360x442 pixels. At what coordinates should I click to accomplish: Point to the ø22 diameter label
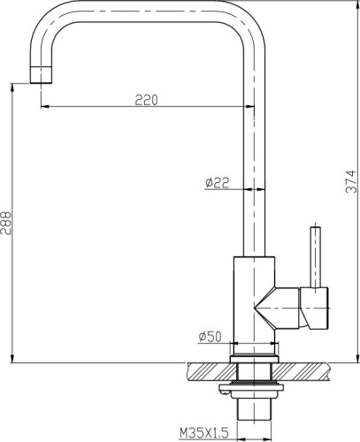pos(217,182)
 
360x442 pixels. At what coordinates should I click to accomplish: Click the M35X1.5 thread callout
pos(204,432)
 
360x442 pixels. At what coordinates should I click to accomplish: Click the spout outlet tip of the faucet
pos(43,74)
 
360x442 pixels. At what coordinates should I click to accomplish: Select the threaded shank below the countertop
pos(255,409)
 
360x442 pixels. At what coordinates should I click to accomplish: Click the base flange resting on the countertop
pos(255,358)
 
